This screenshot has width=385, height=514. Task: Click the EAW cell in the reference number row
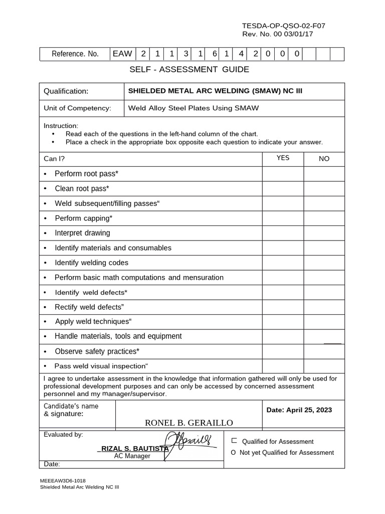point(122,54)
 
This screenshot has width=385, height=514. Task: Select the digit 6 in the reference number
point(214,54)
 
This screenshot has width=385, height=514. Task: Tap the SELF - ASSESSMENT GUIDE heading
point(189,69)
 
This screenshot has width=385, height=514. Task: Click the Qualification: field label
point(66,91)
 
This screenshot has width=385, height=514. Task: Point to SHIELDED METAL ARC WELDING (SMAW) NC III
point(215,91)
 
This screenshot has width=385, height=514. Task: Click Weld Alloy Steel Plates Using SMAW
point(194,108)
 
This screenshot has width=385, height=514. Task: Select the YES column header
point(283,158)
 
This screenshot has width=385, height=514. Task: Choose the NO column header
point(324,159)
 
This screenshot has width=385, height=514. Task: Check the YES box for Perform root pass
point(283,174)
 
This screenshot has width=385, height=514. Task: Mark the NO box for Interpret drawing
point(324,233)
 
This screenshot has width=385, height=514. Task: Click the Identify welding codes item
point(91,263)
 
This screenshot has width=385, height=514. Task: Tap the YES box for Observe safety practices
point(283,351)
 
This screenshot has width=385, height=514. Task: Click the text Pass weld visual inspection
point(101,366)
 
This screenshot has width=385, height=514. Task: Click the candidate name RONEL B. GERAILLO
point(189,423)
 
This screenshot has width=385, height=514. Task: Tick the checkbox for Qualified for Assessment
point(234,441)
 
